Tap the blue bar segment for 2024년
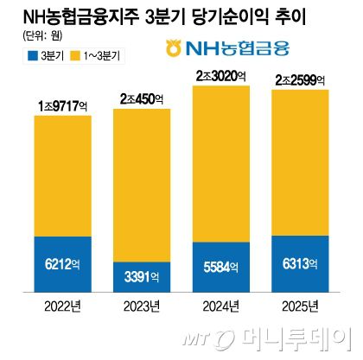coord(220,268)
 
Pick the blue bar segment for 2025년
coord(300,263)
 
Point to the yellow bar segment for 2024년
coord(220,164)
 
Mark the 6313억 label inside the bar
coord(300,264)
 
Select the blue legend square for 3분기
coord(22,56)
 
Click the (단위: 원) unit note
coord(34,36)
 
